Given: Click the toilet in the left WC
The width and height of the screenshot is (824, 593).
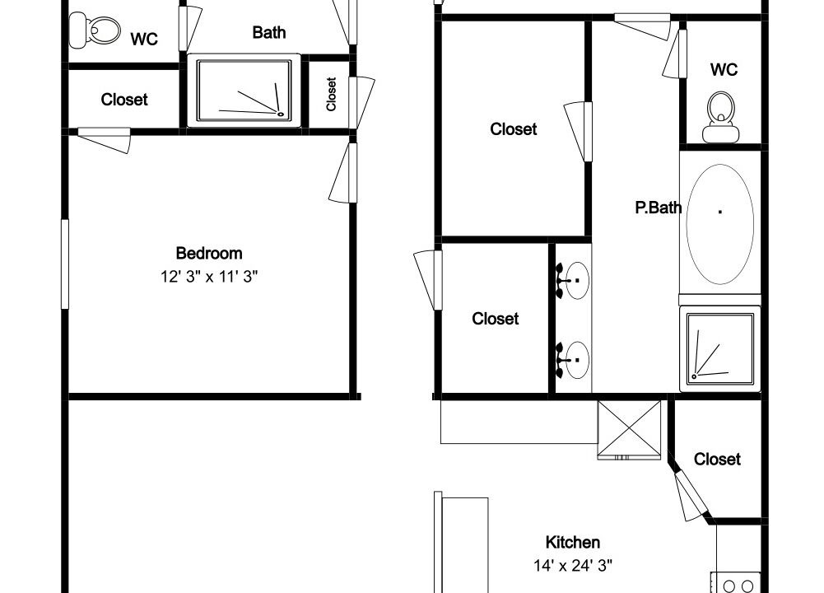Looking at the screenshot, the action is (x=95, y=30).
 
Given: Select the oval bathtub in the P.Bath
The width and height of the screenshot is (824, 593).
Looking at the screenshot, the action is (x=720, y=225).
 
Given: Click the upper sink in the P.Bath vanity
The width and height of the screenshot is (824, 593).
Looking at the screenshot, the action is (x=573, y=280).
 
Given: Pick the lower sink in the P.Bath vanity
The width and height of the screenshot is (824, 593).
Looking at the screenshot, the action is (x=573, y=360).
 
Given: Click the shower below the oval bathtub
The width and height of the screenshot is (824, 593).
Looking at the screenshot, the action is (x=719, y=348).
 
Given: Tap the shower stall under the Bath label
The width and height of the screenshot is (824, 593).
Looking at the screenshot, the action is (x=244, y=91).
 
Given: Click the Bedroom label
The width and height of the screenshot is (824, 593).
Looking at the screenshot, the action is (x=209, y=253).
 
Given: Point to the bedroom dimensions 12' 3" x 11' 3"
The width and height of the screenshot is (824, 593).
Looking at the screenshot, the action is (x=209, y=276).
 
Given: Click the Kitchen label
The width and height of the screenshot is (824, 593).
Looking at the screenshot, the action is (x=573, y=542).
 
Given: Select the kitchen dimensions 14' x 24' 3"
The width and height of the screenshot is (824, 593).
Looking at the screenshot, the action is (x=573, y=566).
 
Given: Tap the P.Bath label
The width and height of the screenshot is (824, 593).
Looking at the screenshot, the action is (x=659, y=207).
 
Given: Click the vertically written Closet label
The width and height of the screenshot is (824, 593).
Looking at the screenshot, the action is (x=331, y=94).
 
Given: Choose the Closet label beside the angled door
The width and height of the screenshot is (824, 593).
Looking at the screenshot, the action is (x=717, y=459).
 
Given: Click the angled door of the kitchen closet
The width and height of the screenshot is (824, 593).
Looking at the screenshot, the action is (x=690, y=495).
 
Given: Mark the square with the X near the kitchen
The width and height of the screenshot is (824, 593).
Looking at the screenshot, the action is (x=630, y=430).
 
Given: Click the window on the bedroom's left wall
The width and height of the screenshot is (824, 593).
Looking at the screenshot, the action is (x=65, y=264).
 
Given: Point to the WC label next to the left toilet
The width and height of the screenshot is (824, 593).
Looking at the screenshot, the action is (x=144, y=39).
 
